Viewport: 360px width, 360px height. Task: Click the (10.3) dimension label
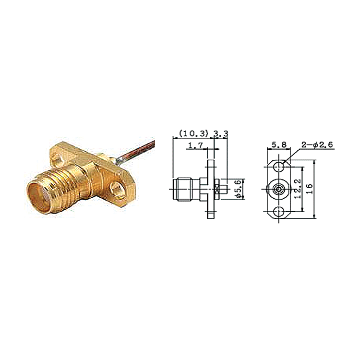point(193,133)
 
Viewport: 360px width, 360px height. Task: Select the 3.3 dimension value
point(221,133)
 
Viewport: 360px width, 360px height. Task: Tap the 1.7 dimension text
point(196,145)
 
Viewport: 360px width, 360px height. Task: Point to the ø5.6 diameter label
point(239,189)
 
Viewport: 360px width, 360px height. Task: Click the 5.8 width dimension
point(279,144)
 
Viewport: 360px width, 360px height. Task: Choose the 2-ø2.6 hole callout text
point(317,144)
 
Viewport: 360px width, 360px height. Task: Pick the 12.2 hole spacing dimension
point(298,189)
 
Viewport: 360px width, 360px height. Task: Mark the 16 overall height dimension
point(310,189)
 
